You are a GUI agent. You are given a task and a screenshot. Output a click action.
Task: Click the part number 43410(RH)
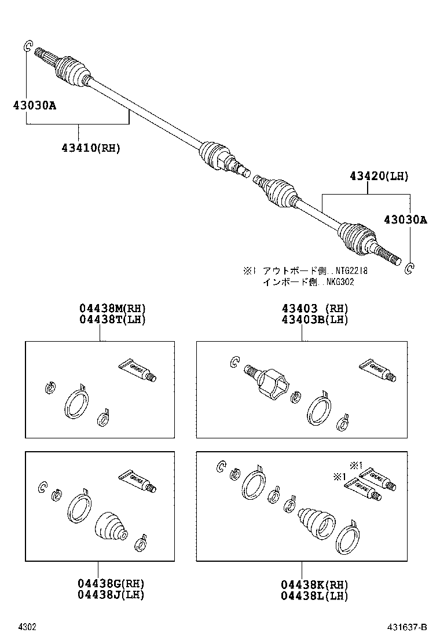pos(90,148)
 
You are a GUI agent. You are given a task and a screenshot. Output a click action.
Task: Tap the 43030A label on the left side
pos(35,105)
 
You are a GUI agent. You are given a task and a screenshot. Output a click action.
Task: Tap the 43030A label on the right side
pos(405,219)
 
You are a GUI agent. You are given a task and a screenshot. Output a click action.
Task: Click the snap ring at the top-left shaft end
pos(26,47)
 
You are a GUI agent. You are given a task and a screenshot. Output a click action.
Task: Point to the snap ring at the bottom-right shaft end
pos(409,268)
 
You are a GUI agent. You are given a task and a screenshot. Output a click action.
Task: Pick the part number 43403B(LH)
pos(315,319)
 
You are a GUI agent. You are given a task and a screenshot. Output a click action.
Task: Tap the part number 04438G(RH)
pos(112,583)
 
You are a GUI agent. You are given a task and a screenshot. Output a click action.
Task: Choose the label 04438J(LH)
pos(112,594)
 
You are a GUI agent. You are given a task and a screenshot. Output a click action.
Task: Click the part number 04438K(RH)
pos(315,583)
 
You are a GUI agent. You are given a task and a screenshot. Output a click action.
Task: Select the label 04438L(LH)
pos(315,594)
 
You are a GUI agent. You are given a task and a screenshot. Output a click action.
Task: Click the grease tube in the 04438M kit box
pos(138,371)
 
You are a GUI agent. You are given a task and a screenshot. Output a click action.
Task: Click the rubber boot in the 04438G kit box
pos(110,526)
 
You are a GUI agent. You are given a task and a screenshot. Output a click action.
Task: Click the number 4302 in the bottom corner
pos(27,627)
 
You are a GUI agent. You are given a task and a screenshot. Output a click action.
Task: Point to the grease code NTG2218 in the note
pos(350,271)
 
